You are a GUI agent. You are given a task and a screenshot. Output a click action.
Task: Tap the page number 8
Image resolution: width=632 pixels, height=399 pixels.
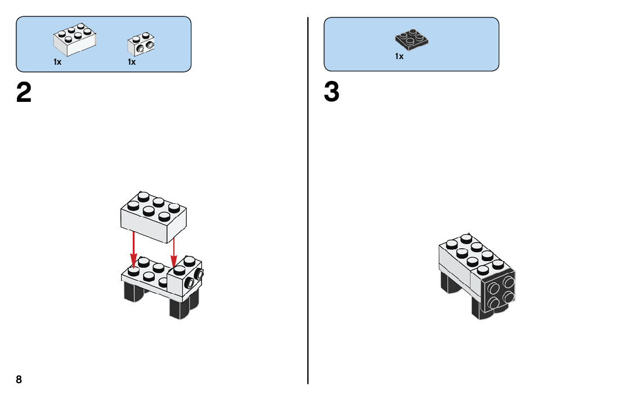(x=19, y=379)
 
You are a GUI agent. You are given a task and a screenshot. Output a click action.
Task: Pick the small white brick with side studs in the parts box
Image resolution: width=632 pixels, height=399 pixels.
(x=142, y=44)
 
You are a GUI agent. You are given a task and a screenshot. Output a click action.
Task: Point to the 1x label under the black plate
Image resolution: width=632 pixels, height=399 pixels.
(x=399, y=57)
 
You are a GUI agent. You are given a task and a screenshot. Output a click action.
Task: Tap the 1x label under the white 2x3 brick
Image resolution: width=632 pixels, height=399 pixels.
(x=57, y=62)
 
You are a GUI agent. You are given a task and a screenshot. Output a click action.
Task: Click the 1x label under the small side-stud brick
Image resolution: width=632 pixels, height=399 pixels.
(x=132, y=62)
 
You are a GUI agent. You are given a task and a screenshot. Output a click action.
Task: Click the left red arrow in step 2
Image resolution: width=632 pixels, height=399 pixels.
(x=133, y=248)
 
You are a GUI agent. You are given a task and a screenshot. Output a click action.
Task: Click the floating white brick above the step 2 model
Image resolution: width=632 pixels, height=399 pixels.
(x=154, y=216)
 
